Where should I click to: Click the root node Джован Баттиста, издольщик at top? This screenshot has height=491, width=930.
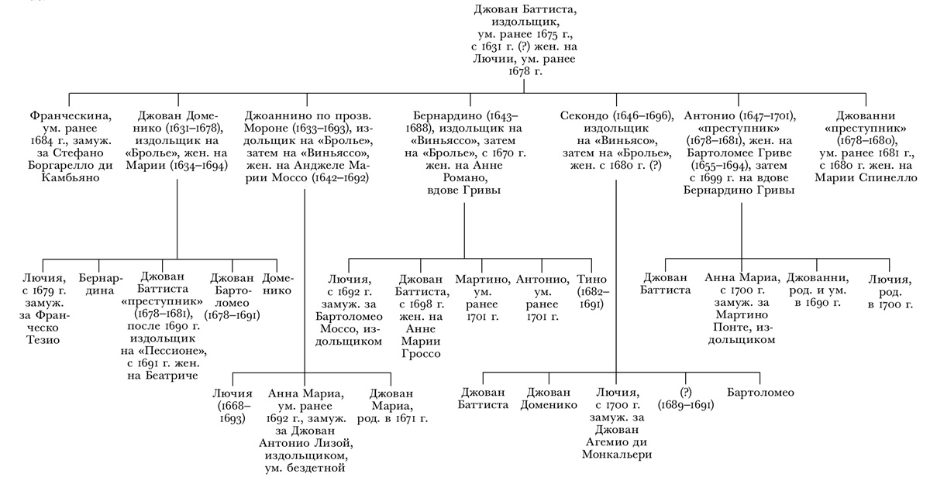click(525, 39)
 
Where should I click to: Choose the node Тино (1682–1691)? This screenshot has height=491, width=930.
click(594, 291)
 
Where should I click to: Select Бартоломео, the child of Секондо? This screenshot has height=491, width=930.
click(760, 393)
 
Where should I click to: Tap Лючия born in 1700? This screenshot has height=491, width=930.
click(889, 291)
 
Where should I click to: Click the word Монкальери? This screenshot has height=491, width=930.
click(617, 454)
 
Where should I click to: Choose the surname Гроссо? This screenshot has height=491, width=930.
click(421, 354)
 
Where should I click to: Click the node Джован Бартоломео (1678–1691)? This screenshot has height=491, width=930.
click(232, 297)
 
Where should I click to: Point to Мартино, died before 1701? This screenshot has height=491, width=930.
click(482, 297)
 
